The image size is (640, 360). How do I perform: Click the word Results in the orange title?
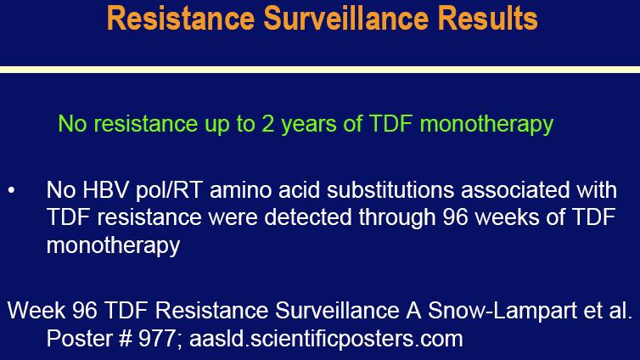[x=488, y=18]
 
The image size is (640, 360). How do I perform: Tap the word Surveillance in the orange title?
[x=346, y=18]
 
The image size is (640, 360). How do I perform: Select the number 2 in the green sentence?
[x=267, y=123]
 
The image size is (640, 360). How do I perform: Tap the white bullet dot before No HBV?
[x=11, y=190]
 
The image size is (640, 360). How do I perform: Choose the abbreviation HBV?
[x=105, y=190]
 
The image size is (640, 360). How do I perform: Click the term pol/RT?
[x=169, y=190]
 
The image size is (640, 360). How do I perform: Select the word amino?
[x=240, y=190]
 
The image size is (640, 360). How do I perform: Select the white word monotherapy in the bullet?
[x=113, y=245]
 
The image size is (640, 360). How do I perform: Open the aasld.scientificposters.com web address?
[x=326, y=339]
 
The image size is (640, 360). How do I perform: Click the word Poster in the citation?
[x=78, y=339]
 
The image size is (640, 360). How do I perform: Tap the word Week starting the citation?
[x=36, y=311]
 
